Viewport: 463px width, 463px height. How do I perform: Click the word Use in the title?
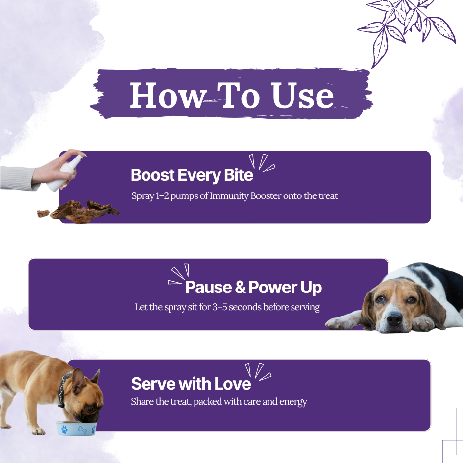pos(302,95)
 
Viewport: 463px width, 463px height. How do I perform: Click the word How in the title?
pos(168,95)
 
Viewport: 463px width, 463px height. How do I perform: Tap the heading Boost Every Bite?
pos(192,175)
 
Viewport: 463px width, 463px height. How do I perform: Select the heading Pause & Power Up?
pos(253,287)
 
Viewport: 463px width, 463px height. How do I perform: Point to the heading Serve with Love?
pos(191,384)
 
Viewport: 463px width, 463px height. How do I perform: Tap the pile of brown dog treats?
pos(78,212)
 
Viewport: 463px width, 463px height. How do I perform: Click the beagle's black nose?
pos(394,318)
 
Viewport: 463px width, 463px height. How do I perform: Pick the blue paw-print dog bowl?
pos(76,428)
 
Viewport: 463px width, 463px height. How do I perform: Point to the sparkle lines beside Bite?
pos(262,163)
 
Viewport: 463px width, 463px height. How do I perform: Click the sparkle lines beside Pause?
pos(178,274)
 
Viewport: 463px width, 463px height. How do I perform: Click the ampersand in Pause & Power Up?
pos(240,287)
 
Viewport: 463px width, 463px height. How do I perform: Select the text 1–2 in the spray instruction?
pos(162,196)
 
